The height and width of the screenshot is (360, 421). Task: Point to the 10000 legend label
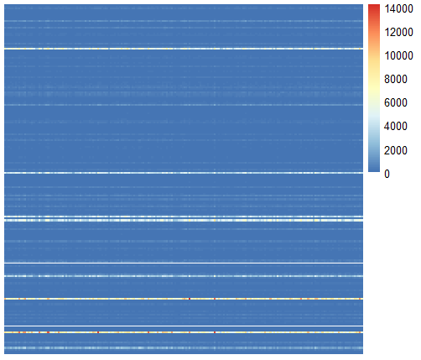pos(399,55)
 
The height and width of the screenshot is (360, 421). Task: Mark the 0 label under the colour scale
pos(387,174)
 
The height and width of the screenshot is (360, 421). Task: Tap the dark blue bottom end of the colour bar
pos(374,171)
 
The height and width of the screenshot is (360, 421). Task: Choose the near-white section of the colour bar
pos(374,106)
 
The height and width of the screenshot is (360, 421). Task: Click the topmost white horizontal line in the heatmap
pos(183,49)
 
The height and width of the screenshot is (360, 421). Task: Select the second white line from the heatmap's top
pos(183,173)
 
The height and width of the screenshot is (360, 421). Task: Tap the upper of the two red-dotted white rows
pos(183,299)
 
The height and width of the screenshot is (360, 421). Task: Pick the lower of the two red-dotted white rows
pos(183,333)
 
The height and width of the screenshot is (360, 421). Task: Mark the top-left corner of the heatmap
pos(5,3)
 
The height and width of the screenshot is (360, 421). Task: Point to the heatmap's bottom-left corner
pos(5,354)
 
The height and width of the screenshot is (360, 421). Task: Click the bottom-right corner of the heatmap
pos(362,354)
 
